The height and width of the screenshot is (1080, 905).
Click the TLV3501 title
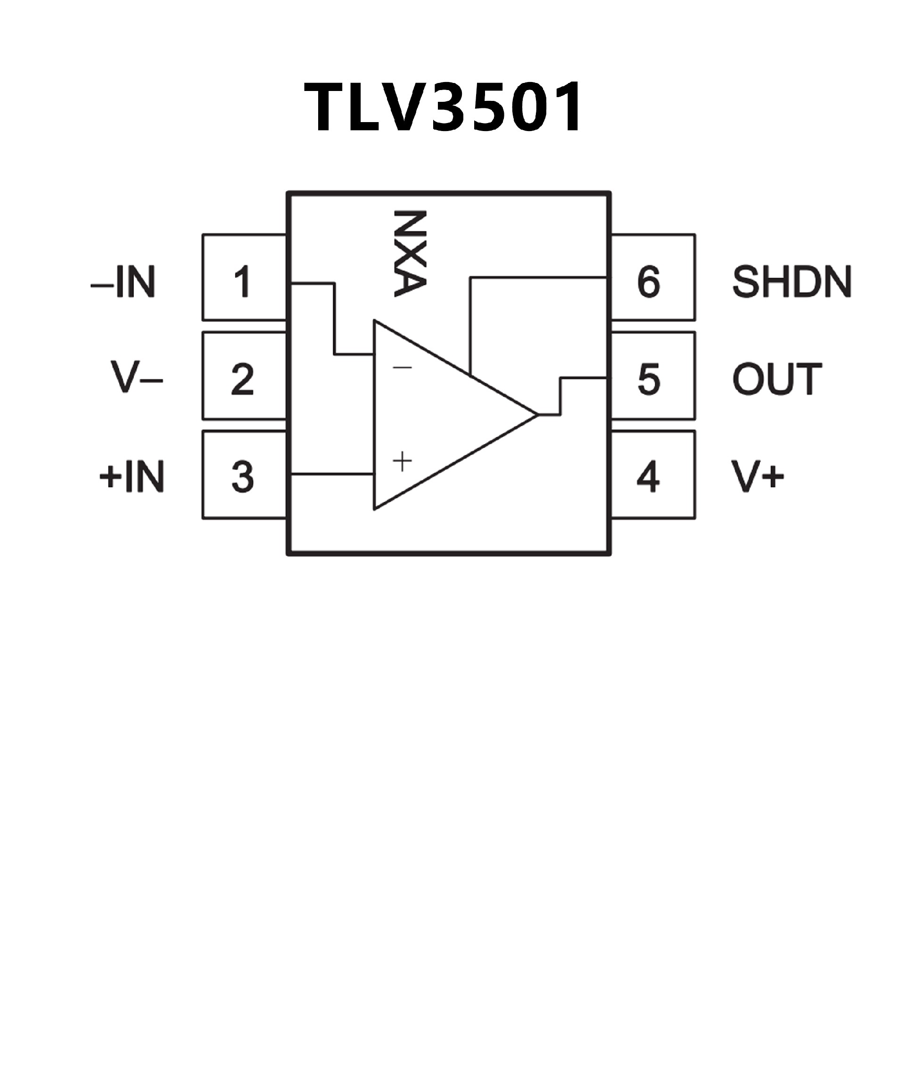[x=443, y=107]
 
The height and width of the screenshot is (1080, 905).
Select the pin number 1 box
[x=244, y=277]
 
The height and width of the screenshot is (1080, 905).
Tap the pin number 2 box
[x=244, y=376]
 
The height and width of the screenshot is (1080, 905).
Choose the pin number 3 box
[x=244, y=475]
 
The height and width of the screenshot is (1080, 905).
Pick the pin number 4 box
[x=653, y=475]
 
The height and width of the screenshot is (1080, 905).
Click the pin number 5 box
[x=653, y=376]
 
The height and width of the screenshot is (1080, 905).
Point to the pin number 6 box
[x=653, y=277]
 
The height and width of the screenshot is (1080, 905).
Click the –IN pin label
[x=123, y=282]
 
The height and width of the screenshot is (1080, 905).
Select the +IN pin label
[x=132, y=476]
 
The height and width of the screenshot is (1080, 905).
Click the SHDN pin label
[x=792, y=282]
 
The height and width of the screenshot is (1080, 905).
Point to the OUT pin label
[x=777, y=379]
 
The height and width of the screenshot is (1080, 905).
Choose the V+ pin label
[x=758, y=476]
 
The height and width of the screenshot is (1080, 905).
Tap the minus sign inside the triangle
[x=402, y=367]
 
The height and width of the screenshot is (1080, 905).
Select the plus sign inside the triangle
[x=402, y=462]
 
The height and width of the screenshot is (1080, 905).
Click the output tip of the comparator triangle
[x=537, y=414]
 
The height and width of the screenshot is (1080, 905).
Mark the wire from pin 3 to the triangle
[x=332, y=473]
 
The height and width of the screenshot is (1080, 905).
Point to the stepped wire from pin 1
[x=334, y=319]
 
